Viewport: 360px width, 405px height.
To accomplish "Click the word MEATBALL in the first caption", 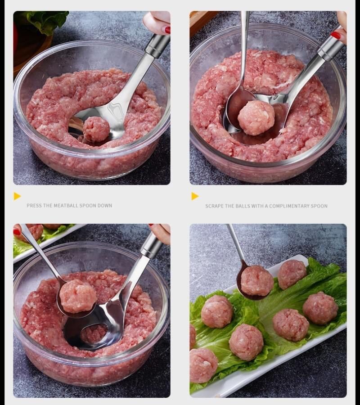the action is pyautogui.click(x=66, y=206).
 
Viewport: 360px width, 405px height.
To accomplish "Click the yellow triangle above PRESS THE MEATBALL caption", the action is pyautogui.click(x=17, y=196).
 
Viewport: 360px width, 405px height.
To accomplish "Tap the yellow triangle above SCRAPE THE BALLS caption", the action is pyautogui.click(x=195, y=196).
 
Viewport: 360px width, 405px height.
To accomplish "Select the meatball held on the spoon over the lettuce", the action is pyautogui.click(x=257, y=281).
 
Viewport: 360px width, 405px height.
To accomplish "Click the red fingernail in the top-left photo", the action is pyautogui.click(x=167, y=30).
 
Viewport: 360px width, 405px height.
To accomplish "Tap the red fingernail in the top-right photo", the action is pyautogui.click(x=336, y=36).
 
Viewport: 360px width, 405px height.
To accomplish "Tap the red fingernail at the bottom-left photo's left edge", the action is pyautogui.click(x=17, y=232).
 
